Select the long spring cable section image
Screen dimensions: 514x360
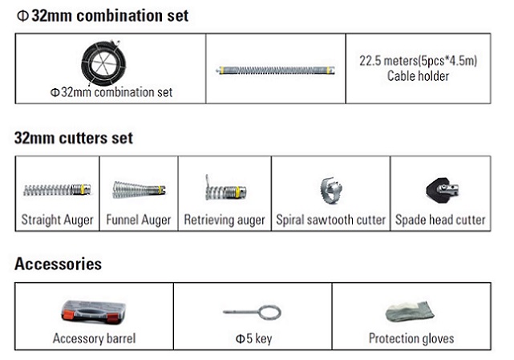[x=276, y=71]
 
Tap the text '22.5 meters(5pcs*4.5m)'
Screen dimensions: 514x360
[x=418, y=61]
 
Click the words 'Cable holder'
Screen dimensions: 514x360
[x=418, y=76]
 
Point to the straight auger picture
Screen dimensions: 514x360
[x=57, y=190]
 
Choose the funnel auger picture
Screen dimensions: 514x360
[x=139, y=190]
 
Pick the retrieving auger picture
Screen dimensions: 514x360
[x=225, y=189]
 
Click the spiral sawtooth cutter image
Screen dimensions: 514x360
[x=330, y=190]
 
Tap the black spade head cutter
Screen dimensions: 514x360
[x=442, y=190]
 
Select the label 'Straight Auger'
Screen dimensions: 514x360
[x=58, y=220]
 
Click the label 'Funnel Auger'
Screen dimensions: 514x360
[x=139, y=220]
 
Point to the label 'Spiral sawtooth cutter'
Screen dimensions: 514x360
[x=330, y=220]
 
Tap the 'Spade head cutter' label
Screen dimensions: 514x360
[x=440, y=220]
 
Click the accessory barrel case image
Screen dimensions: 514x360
[x=94, y=313]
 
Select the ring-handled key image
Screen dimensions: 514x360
[x=253, y=312]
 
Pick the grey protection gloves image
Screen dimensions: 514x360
[x=410, y=312]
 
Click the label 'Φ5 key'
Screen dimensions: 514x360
[x=253, y=338]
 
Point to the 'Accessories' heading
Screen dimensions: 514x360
[x=58, y=264]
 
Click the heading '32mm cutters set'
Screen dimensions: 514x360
[x=74, y=138]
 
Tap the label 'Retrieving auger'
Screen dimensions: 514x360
[x=225, y=220]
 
